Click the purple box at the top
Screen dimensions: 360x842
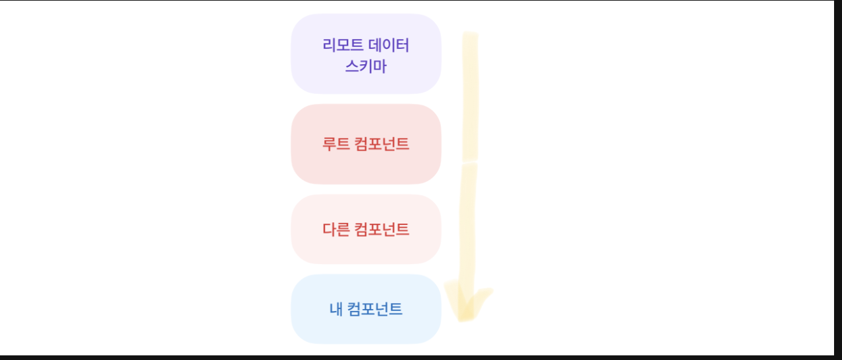[365, 54]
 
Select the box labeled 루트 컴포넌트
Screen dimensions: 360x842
[365, 144]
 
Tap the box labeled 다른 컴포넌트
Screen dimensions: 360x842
[365, 229]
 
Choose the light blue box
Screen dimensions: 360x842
[365, 309]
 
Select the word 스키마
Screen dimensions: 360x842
[365, 66]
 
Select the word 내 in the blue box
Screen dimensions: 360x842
[336, 309]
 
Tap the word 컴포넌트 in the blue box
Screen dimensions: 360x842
[374, 309]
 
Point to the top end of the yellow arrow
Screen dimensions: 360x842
[469, 35]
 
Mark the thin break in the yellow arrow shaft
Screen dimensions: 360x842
[469, 161]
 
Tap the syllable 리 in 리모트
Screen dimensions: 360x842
[329, 45]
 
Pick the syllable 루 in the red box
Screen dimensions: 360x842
[329, 144]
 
